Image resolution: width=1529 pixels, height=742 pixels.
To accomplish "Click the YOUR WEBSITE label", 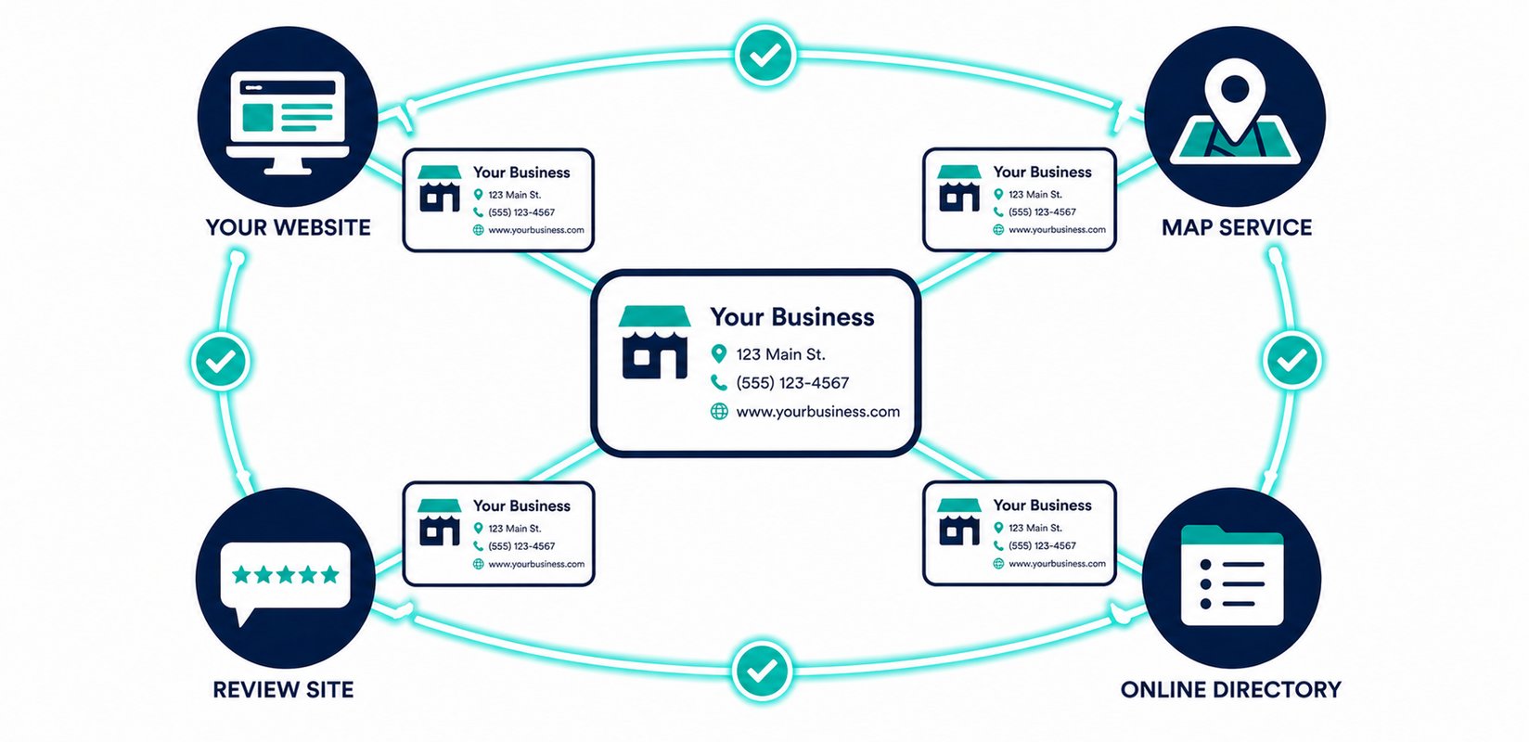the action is point(288,227).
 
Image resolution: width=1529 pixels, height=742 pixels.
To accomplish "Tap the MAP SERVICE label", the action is point(1236,227).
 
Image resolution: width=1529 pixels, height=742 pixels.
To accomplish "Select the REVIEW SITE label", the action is point(283,689).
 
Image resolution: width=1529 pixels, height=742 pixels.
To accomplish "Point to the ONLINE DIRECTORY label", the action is point(1230,689).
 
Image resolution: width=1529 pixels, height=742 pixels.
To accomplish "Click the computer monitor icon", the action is point(288,122).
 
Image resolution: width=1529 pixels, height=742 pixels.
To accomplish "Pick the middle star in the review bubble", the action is point(286,574).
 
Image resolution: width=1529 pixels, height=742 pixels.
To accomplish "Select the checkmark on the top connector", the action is point(765,56).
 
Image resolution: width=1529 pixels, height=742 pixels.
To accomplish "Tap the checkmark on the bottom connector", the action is point(762,671).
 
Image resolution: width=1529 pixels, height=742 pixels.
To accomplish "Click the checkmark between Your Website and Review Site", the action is point(221,361).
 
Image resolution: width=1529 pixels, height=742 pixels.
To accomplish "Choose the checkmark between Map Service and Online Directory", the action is point(1292,360).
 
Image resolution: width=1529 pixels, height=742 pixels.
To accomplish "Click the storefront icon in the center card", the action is point(655,341).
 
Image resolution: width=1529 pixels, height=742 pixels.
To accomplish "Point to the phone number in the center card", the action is point(792,383).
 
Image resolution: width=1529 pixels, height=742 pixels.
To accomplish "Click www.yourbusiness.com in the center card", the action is point(817,412).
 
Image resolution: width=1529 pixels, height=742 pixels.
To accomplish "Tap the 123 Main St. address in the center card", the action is point(781,354).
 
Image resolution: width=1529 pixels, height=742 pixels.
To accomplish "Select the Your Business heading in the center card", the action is point(791,316).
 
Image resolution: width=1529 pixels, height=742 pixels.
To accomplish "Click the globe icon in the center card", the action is point(719,411).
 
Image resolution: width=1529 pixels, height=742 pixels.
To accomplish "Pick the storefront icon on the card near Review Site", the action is point(439,522).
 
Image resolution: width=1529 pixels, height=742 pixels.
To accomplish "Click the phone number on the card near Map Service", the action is point(1042,212).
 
